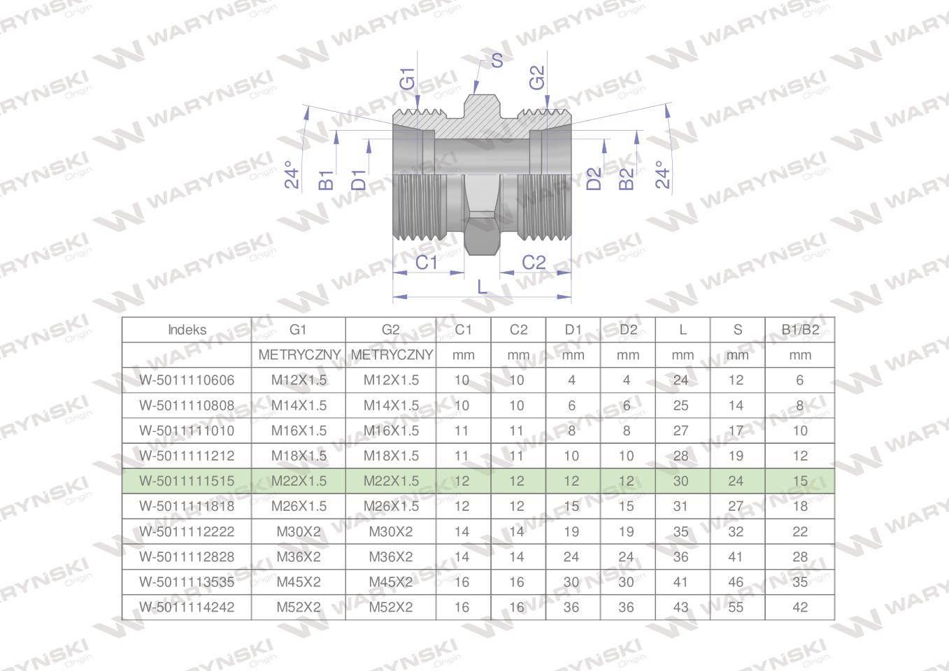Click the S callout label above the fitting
[x=497, y=61]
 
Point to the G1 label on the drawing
[x=407, y=79]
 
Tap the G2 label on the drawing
[x=537, y=78]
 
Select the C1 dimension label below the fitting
[x=426, y=263]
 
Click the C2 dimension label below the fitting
[x=534, y=263]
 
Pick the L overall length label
[x=482, y=287]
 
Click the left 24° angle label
[x=292, y=175]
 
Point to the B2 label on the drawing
[x=627, y=179]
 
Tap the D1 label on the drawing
[x=359, y=180]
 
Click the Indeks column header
[x=187, y=330]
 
